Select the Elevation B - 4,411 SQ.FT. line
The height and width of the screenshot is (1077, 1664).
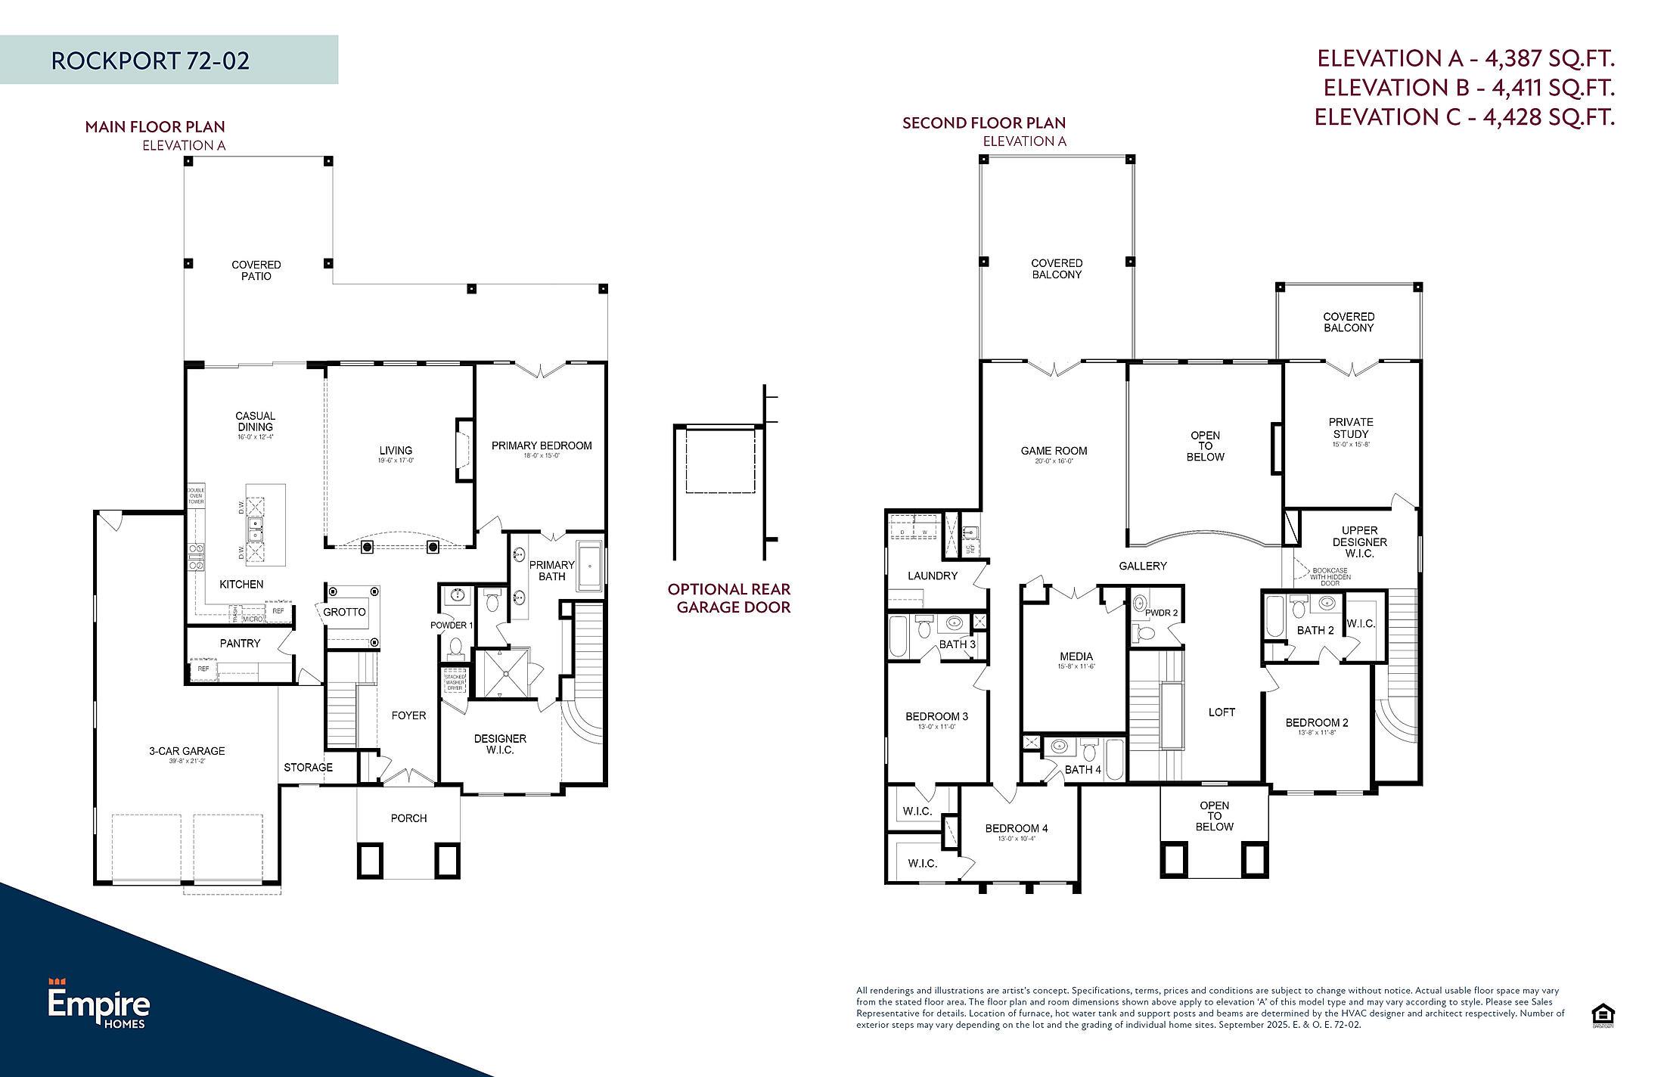point(1468,88)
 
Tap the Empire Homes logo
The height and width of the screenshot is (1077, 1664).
point(99,1004)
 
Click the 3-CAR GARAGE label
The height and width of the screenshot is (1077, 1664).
point(187,751)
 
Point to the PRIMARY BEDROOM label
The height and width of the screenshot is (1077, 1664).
point(542,445)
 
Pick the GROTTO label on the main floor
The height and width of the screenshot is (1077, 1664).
point(344,612)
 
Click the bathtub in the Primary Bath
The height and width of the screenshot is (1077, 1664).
point(589,566)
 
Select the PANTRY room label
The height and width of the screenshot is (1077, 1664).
point(240,643)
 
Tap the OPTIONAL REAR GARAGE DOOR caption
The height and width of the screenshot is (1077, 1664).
point(729,597)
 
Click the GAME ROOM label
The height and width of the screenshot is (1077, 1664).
point(1054,451)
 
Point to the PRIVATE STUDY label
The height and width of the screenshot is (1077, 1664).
point(1350,428)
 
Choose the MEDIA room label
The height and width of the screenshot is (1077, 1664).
point(1076,656)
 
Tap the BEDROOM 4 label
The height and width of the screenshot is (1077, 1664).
point(1016,828)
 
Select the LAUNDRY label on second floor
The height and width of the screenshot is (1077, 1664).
point(932,576)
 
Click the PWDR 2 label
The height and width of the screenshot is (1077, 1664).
point(1161,613)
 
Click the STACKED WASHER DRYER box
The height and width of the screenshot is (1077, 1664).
point(455,682)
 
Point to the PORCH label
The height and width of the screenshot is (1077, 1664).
point(408,818)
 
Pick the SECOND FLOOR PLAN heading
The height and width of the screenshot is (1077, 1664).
point(983,123)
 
